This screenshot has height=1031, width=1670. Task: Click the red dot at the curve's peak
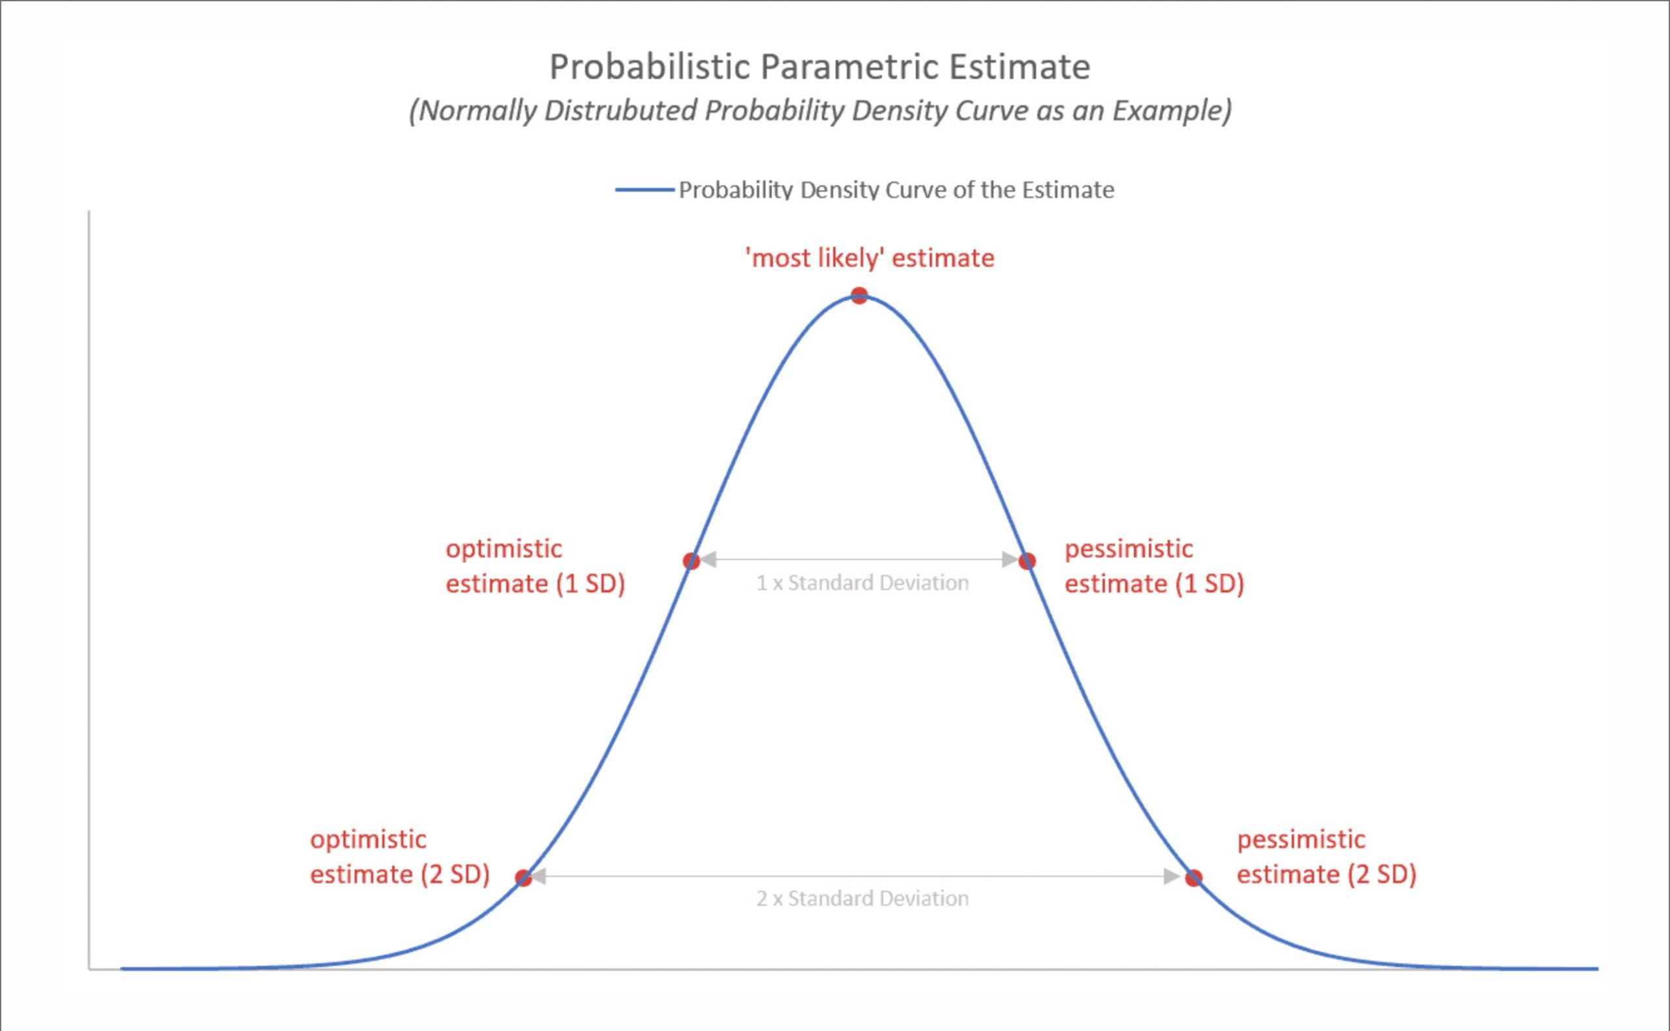click(x=859, y=296)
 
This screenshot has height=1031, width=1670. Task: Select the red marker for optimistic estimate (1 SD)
click(x=691, y=561)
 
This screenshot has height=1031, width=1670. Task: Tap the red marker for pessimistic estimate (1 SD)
click(x=1027, y=561)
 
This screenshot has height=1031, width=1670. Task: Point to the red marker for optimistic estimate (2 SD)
click(x=523, y=878)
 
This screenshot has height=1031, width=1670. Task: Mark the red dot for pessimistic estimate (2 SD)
click(x=1193, y=878)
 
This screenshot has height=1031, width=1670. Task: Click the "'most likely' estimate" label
click(x=870, y=258)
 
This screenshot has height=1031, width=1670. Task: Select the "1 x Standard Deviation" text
click(x=862, y=583)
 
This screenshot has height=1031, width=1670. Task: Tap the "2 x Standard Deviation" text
click(x=862, y=899)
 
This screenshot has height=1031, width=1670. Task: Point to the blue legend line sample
click(x=645, y=190)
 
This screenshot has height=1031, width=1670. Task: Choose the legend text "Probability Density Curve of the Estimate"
click(x=896, y=190)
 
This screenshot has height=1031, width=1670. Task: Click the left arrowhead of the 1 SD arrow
click(x=708, y=560)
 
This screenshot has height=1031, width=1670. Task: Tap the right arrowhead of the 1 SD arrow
click(x=1010, y=560)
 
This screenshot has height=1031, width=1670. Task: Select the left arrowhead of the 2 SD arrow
click(x=539, y=877)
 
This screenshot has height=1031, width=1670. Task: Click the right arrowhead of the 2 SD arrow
click(x=1172, y=877)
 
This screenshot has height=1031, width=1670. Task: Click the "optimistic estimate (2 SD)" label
click(x=400, y=857)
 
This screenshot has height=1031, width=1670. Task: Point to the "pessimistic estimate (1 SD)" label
click(x=1154, y=567)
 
